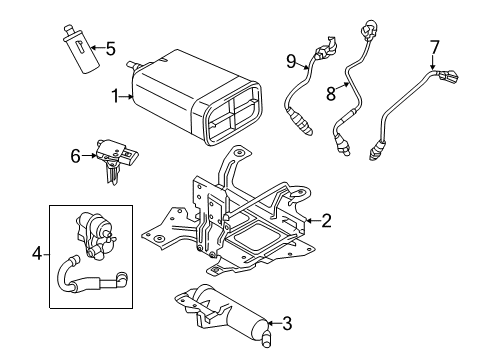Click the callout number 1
click(x=116, y=97)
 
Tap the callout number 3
click(x=287, y=323)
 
